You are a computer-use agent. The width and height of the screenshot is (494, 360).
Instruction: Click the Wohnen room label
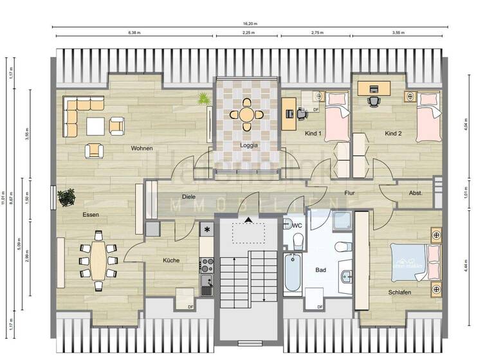click(142, 148)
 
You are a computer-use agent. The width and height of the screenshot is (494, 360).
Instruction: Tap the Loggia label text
click(249, 145)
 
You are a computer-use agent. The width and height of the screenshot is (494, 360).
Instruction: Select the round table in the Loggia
click(246, 114)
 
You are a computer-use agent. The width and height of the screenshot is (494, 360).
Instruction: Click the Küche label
click(171, 260)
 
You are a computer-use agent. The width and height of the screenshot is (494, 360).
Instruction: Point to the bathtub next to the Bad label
click(293, 274)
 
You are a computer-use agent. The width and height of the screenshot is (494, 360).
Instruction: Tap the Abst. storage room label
click(416, 193)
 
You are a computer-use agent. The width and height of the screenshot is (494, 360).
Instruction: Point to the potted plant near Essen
click(65, 197)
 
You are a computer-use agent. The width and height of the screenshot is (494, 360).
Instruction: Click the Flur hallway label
click(350, 192)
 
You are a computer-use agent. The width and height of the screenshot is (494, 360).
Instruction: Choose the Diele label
click(188, 197)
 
